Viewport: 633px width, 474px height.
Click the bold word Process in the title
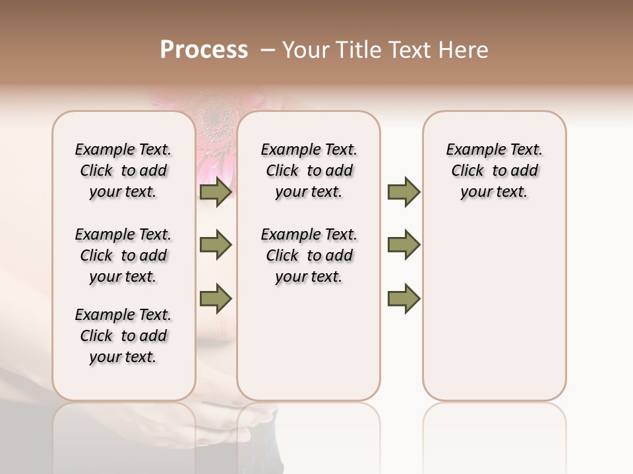point(204,50)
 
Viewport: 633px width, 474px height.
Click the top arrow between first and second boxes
point(216,192)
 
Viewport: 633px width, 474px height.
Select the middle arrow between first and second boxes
point(216,245)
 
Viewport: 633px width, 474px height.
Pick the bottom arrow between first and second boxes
point(216,298)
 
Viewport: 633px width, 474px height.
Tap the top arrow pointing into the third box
point(404,192)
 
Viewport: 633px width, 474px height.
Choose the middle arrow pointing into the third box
point(404,245)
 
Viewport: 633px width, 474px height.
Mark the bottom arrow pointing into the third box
point(404,298)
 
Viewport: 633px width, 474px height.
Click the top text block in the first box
point(123,171)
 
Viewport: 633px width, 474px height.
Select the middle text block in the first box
point(123,255)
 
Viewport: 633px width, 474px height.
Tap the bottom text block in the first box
point(123,336)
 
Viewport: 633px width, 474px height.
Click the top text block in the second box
point(309,171)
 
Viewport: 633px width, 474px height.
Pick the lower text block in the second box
point(309,255)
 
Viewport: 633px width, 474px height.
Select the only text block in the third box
point(494,171)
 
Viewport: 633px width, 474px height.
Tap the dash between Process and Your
point(267,51)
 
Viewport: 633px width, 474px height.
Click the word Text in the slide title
point(410,50)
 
